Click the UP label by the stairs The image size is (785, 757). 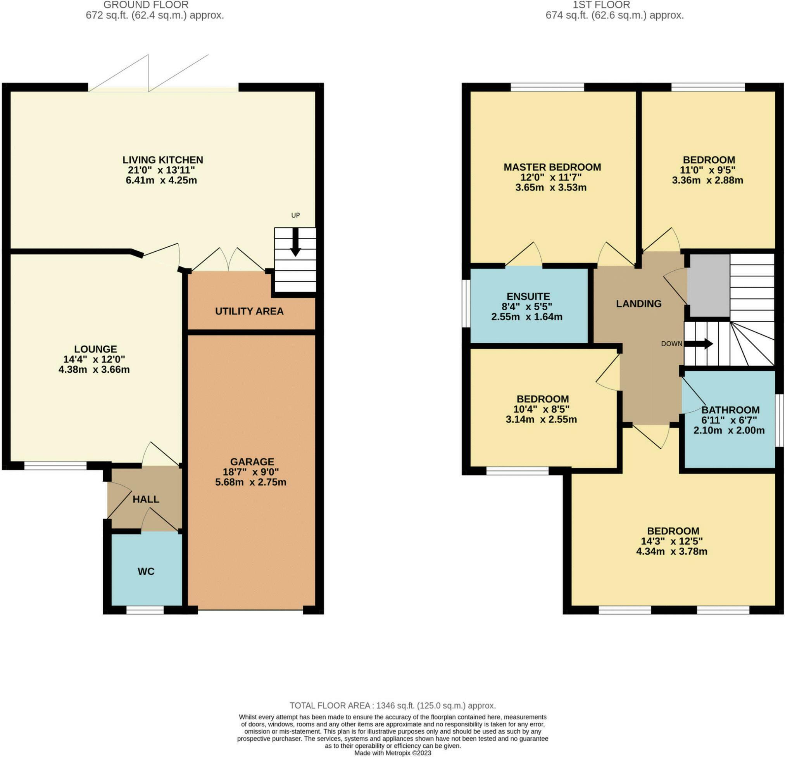click(295, 215)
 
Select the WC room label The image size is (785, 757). click(146, 572)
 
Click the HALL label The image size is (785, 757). click(146, 499)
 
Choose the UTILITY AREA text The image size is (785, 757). click(249, 311)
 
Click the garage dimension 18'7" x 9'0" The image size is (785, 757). click(251, 472)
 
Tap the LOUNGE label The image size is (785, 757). click(95, 349)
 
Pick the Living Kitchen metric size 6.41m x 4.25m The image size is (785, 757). click(161, 180)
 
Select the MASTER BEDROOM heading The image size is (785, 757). click(552, 167)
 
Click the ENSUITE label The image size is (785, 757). click(528, 297)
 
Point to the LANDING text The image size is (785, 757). click(638, 304)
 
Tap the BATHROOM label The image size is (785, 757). click(730, 410)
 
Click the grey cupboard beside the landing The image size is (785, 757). click(709, 285)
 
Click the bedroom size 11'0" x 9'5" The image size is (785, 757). click(708, 170)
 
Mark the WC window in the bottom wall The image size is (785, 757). click(145, 610)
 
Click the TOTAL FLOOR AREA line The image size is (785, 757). click(392, 706)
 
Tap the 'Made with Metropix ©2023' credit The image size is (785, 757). click(392, 753)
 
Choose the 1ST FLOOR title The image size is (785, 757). click(601, 5)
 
